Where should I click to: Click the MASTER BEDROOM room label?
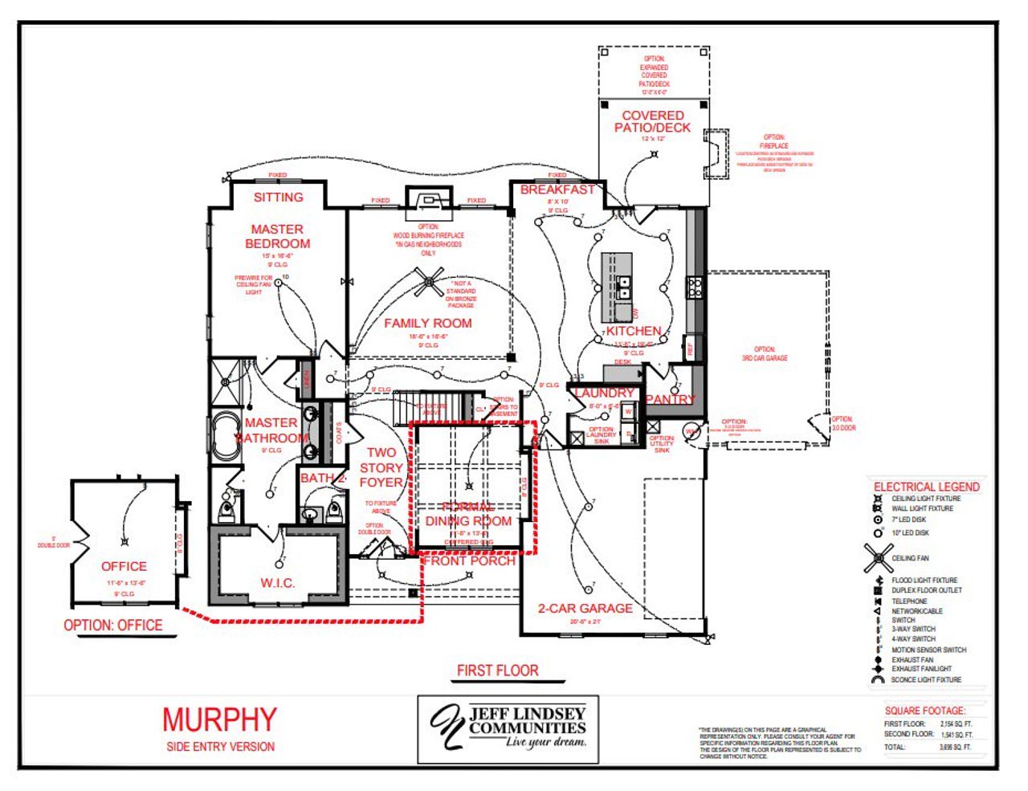(277, 236)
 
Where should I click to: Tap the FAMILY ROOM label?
(427, 323)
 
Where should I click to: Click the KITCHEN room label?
(634, 331)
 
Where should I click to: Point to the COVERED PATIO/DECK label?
(652, 121)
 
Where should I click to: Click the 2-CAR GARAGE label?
(585, 608)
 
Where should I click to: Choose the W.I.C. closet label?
(277, 582)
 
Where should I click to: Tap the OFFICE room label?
(124, 566)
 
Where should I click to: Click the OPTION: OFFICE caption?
(113, 625)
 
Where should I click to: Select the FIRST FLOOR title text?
(497, 670)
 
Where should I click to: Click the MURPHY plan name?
(219, 720)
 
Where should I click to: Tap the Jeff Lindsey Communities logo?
(508, 727)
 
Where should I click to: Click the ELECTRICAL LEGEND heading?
(926, 487)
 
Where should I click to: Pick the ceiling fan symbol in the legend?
(878, 557)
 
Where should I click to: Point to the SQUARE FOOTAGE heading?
(925, 711)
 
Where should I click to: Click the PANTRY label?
(671, 399)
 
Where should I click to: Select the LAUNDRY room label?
(604, 393)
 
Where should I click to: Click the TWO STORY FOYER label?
(381, 467)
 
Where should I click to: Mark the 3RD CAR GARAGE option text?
(765, 354)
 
